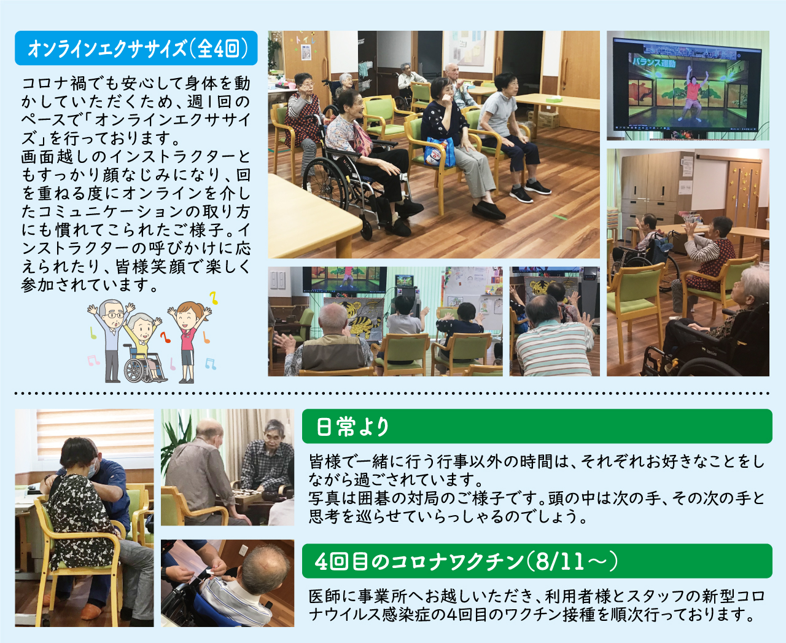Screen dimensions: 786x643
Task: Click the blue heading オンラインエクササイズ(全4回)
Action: [x=136, y=48]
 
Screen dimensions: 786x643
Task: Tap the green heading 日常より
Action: [x=537, y=426]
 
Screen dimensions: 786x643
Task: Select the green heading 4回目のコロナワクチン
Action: [x=537, y=561]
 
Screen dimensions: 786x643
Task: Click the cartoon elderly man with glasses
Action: [x=111, y=339]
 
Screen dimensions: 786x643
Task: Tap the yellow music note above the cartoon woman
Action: [x=213, y=298]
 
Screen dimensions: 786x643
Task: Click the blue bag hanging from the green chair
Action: [x=440, y=152]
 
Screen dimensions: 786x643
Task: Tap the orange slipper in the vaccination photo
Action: [x=91, y=610]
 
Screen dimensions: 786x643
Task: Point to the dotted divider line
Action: [x=392, y=393]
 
